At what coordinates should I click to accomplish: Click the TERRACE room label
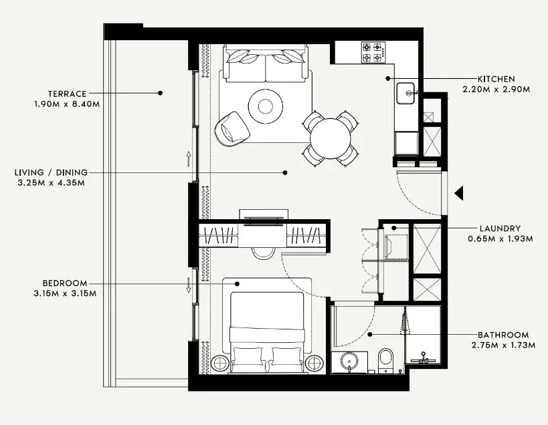pos(67,94)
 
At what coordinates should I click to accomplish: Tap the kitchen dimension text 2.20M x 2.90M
pos(496,89)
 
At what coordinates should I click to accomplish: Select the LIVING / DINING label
pos(51,172)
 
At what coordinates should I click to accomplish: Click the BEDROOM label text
pos(64,283)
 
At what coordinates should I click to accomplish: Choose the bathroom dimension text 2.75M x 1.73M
pos(503,345)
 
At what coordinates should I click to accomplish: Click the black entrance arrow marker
pos(459,194)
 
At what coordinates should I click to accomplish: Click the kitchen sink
pos(406,94)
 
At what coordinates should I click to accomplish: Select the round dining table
pos(330,139)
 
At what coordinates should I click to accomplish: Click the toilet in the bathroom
pos(385,360)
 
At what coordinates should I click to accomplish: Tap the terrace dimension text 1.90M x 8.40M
pos(67,104)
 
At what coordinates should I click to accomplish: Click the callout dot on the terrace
pos(160,93)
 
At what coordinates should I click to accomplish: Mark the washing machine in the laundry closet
pos(393,245)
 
